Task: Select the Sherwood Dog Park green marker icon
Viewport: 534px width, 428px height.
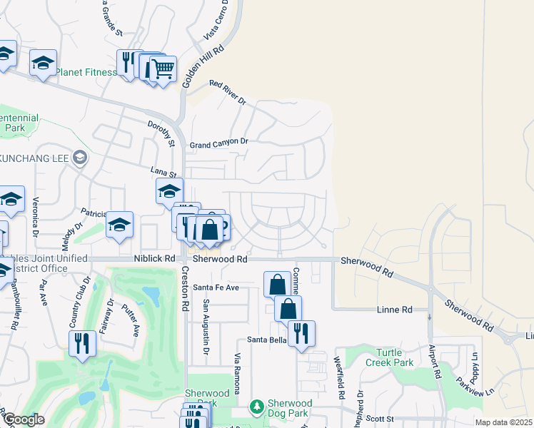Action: (256, 407)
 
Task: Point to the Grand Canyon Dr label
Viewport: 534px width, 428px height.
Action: (218, 143)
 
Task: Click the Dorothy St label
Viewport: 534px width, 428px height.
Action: (161, 132)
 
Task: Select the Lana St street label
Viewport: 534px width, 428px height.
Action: (163, 171)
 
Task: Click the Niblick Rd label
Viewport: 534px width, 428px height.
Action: (153, 259)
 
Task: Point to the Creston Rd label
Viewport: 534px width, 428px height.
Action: (185, 289)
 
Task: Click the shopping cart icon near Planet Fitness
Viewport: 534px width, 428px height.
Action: (163, 68)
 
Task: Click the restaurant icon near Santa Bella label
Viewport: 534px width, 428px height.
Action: (301, 332)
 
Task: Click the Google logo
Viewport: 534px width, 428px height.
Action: (24, 419)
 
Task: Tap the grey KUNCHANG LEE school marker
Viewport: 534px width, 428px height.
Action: (80, 157)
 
